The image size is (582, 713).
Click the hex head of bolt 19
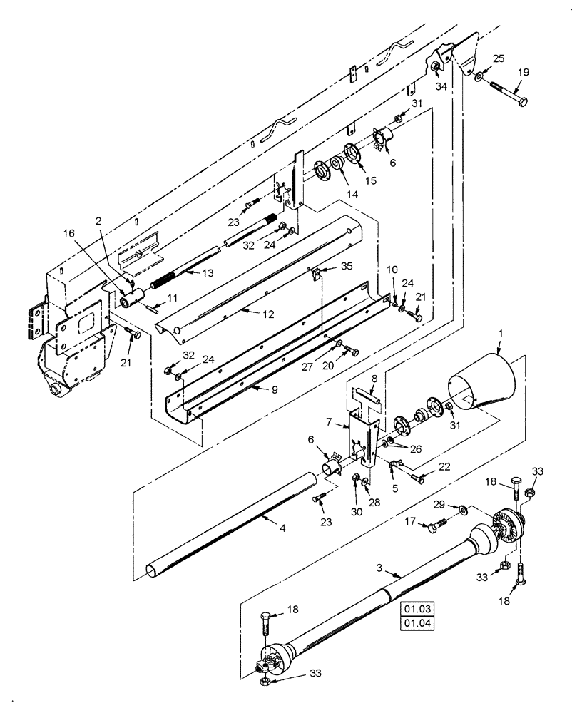click(x=522, y=102)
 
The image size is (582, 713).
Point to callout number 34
click(x=441, y=86)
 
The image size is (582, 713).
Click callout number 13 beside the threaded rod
click(x=208, y=272)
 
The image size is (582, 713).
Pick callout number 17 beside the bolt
click(x=411, y=522)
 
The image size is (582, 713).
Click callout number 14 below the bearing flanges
click(x=332, y=194)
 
